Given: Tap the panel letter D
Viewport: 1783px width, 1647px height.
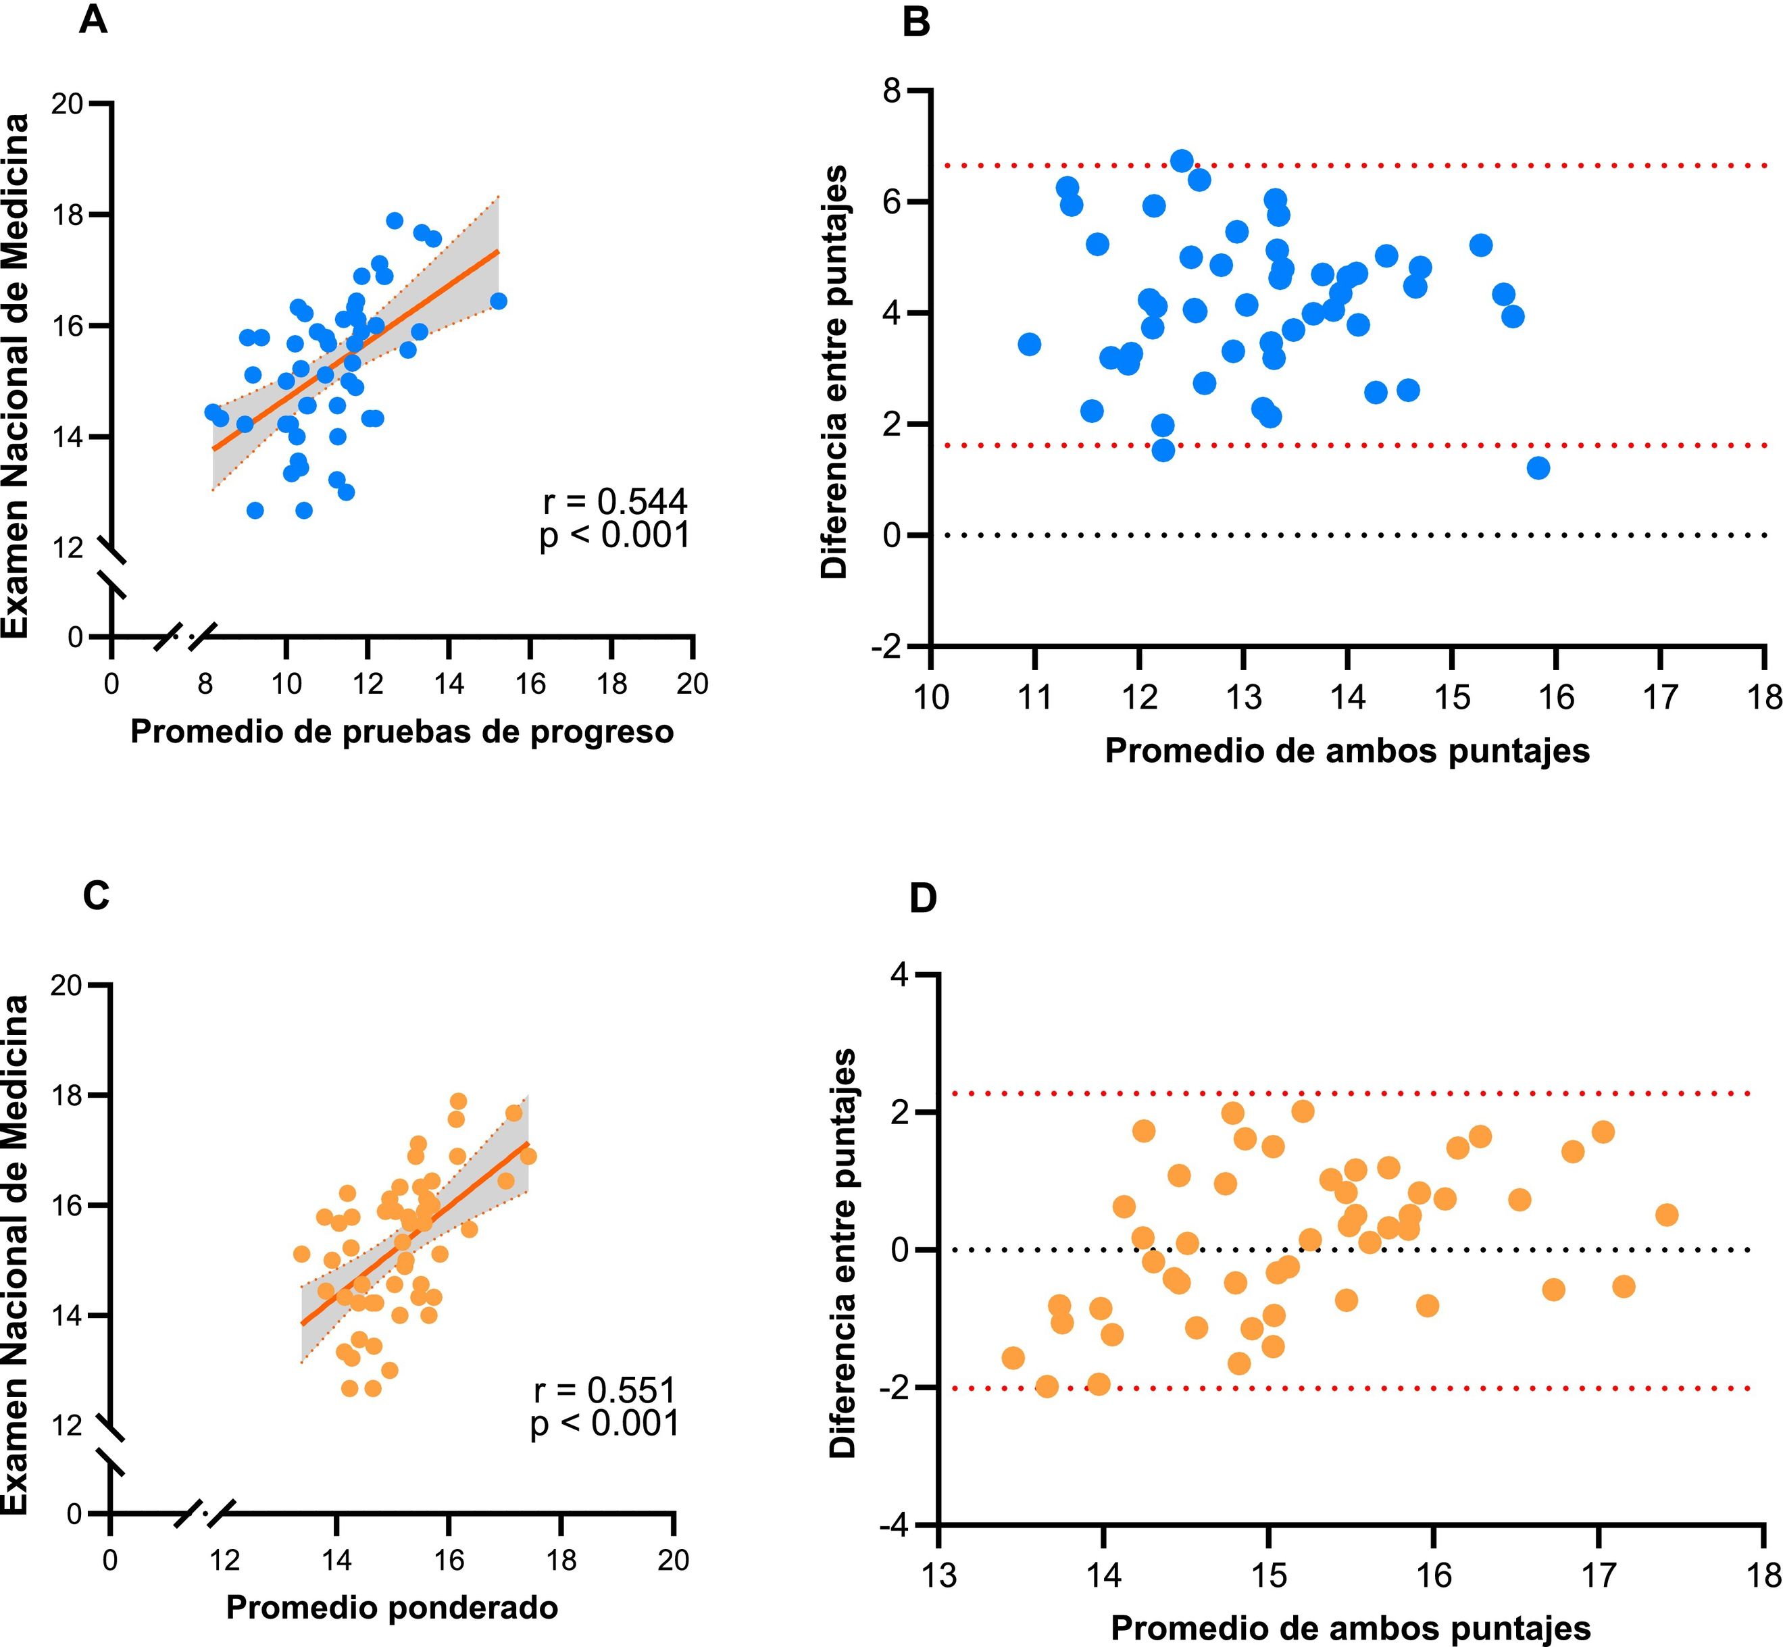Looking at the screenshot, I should pyautogui.click(x=923, y=898).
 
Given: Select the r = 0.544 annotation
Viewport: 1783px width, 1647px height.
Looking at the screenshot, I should pyautogui.click(x=615, y=503).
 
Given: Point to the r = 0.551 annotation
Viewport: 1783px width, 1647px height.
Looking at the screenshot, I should pyautogui.click(x=605, y=1390).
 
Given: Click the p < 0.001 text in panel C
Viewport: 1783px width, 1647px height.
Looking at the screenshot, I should pyautogui.click(x=605, y=1423).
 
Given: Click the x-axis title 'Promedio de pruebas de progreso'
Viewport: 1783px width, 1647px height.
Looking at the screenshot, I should pyautogui.click(x=402, y=732).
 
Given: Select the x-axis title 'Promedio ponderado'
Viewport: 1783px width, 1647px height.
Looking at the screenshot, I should pyautogui.click(x=393, y=1607).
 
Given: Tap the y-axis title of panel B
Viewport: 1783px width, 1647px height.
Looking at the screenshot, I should pyautogui.click(x=834, y=372).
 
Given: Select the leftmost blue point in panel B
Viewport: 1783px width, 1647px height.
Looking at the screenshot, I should pyautogui.click(x=1030, y=344).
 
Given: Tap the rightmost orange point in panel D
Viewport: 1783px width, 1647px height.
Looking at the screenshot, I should pyautogui.click(x=1666, y=1215).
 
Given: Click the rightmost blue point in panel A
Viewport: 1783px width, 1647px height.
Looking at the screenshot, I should pyautogui.click(x=499, y=301).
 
